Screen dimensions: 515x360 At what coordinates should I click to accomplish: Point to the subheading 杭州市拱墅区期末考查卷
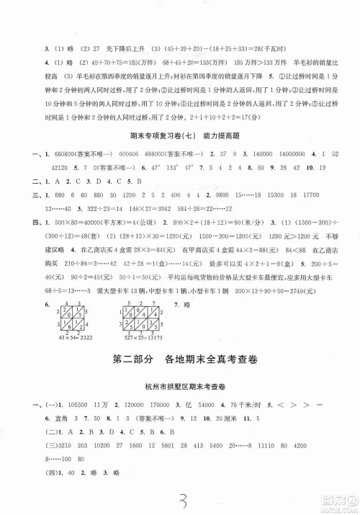[x=179, y=364]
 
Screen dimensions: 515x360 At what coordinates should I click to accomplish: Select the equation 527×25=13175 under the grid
[x=131, y=318]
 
